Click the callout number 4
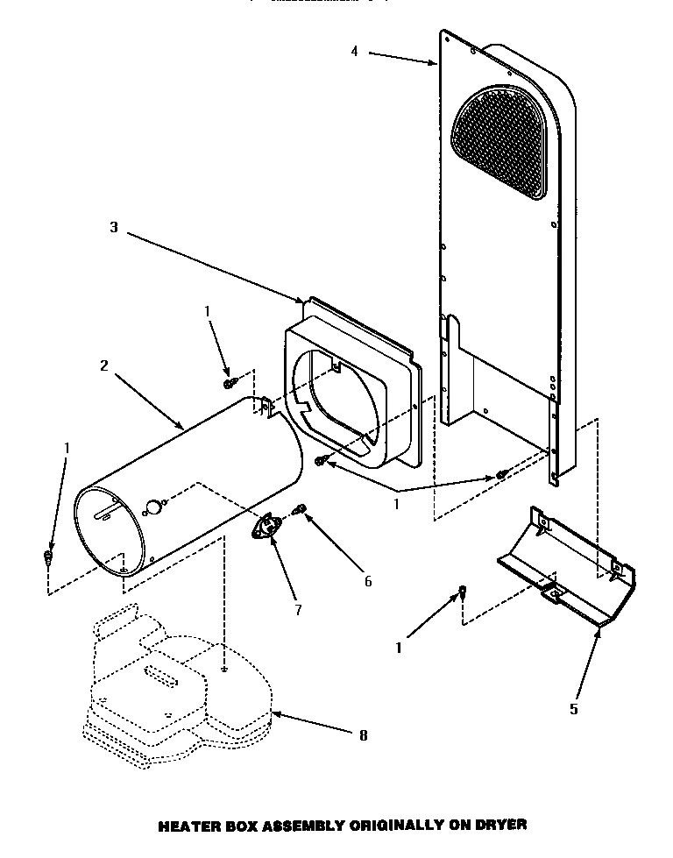pos(354,52)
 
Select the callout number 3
pos(113,227)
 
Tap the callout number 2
pos(103,365)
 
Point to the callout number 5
pos(574,709)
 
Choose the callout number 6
pos(368,581)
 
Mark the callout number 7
pos(298,610)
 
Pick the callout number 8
pos(363,736)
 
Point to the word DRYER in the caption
pos(502,825)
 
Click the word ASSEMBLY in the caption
pos(297,825)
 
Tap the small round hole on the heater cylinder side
pos(154,507)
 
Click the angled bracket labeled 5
pos(570,570)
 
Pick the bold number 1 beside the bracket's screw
pos(398,649)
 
